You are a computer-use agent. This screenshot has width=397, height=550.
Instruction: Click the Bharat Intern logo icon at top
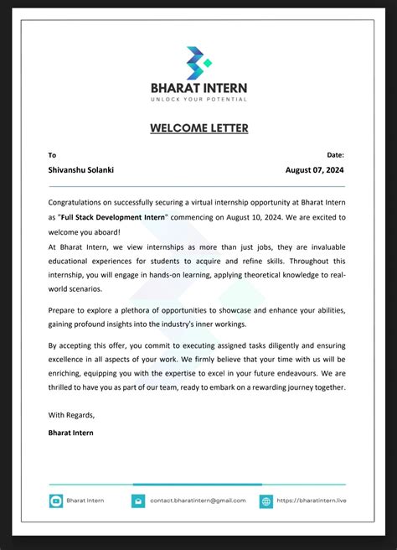(198, 63)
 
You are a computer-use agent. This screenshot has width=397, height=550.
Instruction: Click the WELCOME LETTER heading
(198, 128)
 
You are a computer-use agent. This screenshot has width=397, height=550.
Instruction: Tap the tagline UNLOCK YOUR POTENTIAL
(198, 100)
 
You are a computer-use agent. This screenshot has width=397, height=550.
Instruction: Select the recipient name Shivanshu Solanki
(81, 169)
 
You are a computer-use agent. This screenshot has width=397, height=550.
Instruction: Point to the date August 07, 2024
(315, 169)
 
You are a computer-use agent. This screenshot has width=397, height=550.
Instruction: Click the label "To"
(52, 155)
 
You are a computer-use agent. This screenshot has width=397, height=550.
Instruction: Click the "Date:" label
(335, 155)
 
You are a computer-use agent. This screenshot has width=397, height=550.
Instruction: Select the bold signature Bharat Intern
(71, 433)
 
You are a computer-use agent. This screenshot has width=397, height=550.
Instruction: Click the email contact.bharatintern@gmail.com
(198, 501)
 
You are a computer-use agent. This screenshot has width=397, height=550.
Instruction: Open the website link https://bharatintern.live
(312, 501)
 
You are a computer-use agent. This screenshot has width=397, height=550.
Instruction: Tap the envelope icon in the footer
(138, 501)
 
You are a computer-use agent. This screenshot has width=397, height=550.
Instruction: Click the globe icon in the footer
(266, 501)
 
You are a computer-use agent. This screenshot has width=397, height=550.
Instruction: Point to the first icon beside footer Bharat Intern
(56, 501)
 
